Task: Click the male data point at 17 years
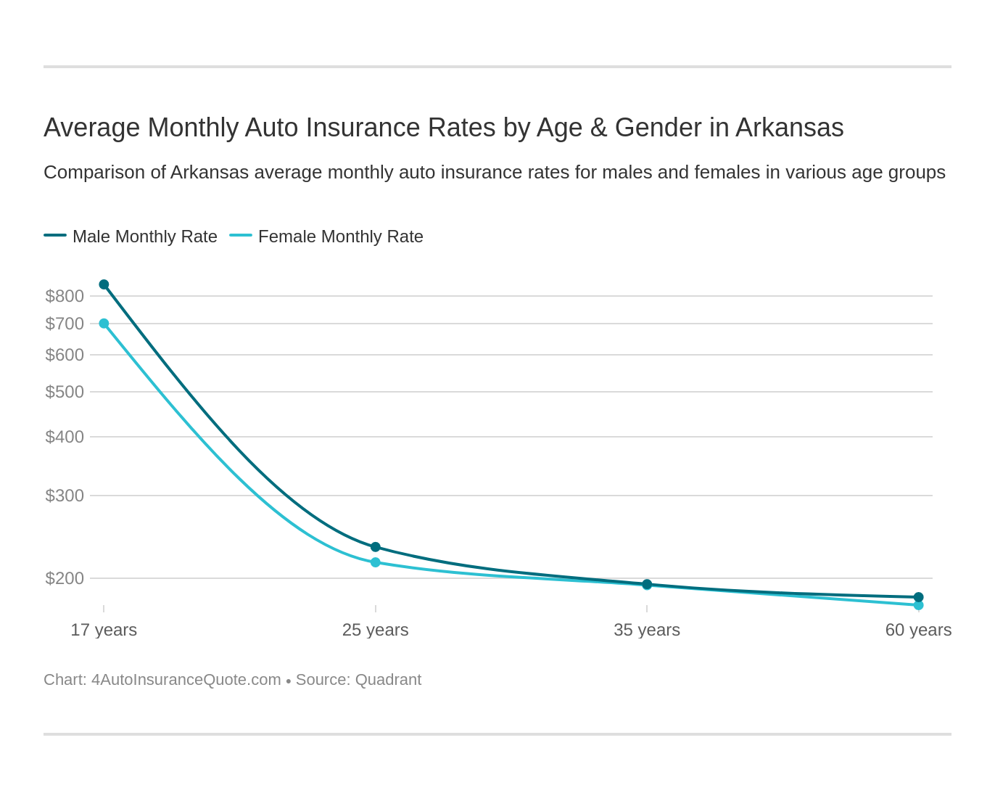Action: [x=104, y=284]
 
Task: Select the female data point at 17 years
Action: [x=104, y=324]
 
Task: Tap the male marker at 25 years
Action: [x=376, y=547]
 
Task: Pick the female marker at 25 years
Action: [x=376, y=562]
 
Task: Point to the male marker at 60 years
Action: [x=919, y=597]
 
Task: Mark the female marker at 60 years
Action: [x=919, y=605]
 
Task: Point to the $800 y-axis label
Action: [x=65, y=296]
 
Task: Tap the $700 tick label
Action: [x=65, y=324]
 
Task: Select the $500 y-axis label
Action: [x=65, y=392]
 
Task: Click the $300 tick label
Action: [x=65, y=496]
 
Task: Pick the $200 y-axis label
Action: [x=65, y=578]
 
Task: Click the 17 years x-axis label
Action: [x=104, y=630]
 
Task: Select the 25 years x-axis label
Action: [x=376, y=630]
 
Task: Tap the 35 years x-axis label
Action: [x=647, y=630]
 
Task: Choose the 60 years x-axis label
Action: [x=918, y=630]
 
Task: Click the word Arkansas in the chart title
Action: [x=790, y=128]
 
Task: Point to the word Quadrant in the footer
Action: [x=388, y=680]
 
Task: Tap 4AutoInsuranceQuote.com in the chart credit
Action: [x=186, y=680]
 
